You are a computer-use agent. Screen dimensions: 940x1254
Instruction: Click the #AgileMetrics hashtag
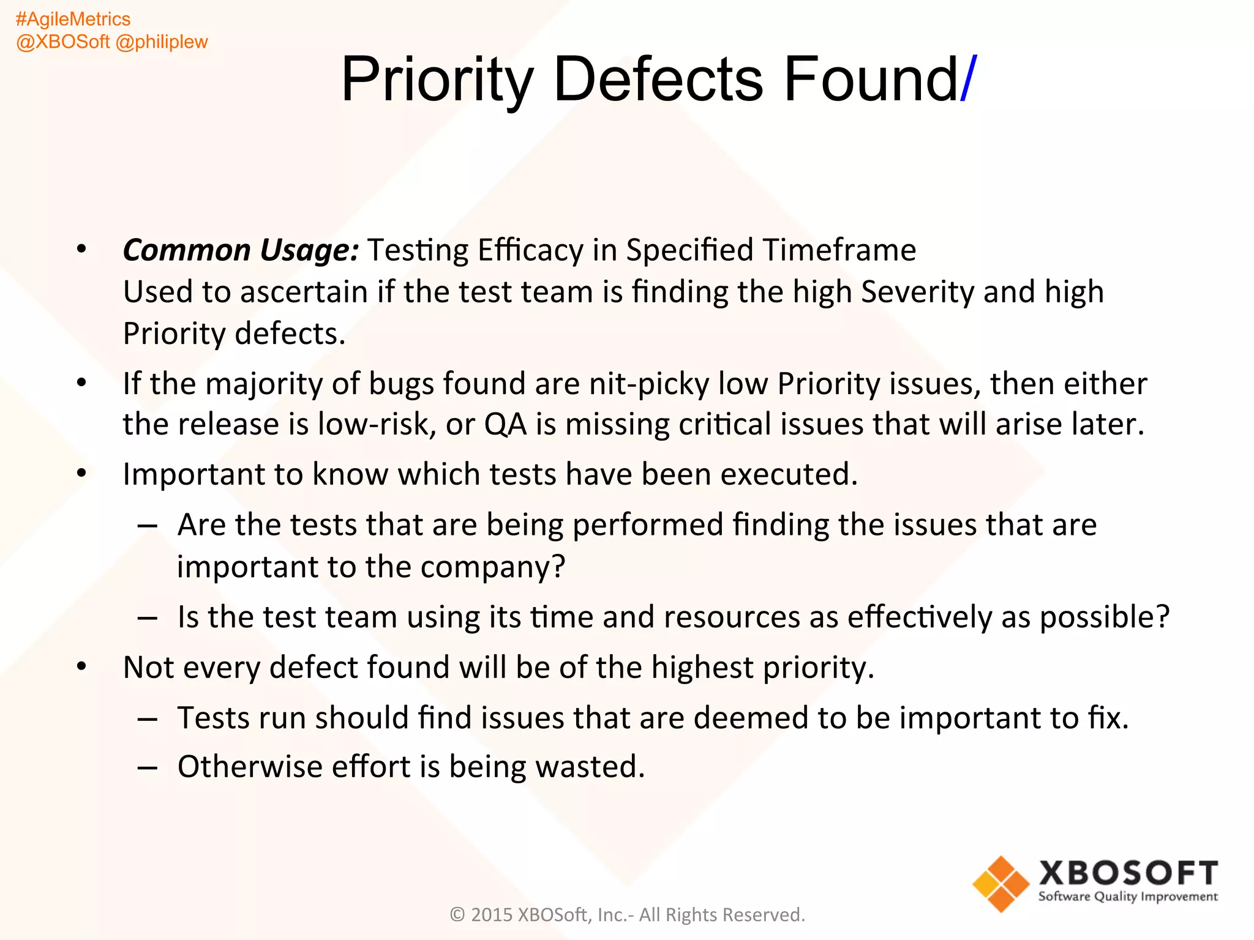[x=73, y=19]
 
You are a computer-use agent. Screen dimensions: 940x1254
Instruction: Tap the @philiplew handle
[x=162, y=42]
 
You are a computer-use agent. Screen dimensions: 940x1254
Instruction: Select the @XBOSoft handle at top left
[x=62, y=42]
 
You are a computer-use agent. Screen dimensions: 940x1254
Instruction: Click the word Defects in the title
[x=658, y=80]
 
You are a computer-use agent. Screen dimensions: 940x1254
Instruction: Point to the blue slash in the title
[x=969, y=80]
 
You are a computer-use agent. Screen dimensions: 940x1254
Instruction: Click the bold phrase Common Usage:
[x=241, y=250]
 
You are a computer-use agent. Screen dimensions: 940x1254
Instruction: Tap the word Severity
[x=917, y=292]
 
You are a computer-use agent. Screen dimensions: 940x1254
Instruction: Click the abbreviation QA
[x=505, y=424]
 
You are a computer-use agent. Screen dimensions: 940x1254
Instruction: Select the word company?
[x=492, y=567]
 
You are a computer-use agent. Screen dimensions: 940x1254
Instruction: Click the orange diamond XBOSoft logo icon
[x=1001, y=884]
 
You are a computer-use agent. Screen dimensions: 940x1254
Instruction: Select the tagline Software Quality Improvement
[x=1128, y=897]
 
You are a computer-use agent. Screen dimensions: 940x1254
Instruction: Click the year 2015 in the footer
[x=492, y=914]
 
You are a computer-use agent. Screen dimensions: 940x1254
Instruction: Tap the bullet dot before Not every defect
[x=82, y=666]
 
